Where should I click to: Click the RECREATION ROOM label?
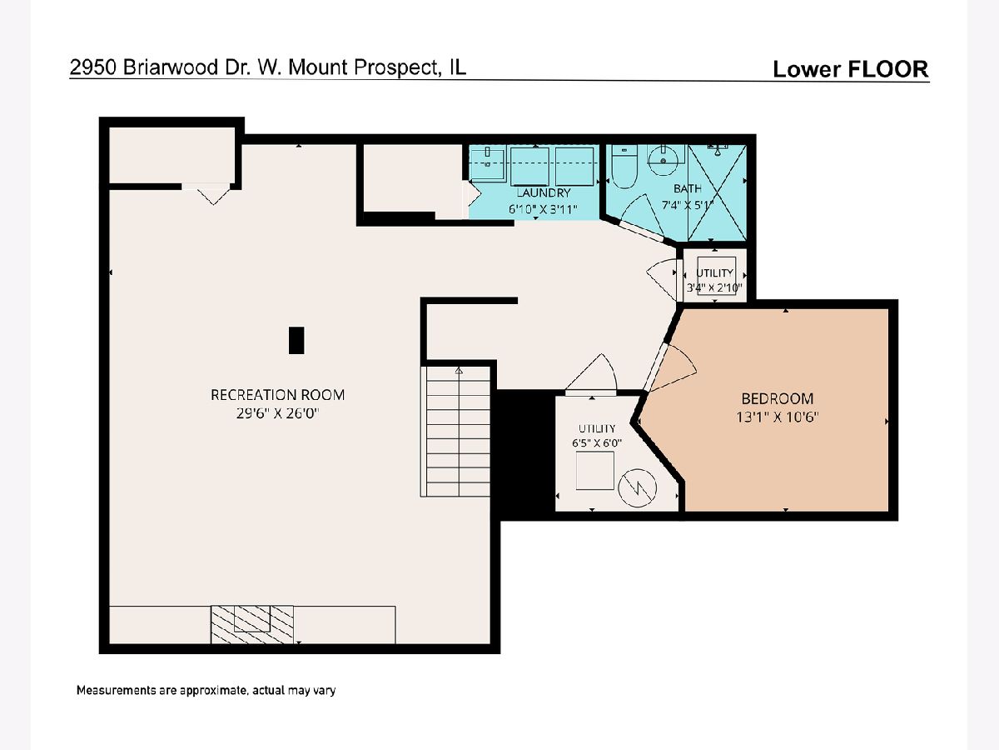pyautogui.click(x=277, y=395)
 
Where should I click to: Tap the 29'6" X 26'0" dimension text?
pyautogui.click(x=277, y=413)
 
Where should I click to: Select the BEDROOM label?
pyautogui.click(x=778, y=399)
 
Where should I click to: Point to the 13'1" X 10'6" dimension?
pyautogui.click(x=778, y=417)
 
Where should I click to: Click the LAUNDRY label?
pyautogui.click(x=543, y=192)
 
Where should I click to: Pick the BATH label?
pyautogui.click(x=688, y=188)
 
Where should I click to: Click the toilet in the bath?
pyautogui.click(x=624, y=167)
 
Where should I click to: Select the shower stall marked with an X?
pyautogui.click(x=717, y=192)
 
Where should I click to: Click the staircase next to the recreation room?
pyautogui.click(x=456, y=431)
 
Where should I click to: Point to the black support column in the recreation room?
pyautogui.click(x=296, y=340)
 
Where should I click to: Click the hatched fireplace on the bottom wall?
pyautogui.click(x=252, y=624)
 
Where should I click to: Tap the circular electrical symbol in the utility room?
pyautogui.click(x=637, y=487)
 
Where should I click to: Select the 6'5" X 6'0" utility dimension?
pyautogui.click(x=597, y=443)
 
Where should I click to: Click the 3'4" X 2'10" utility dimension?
pyautogui.click(x=714, y=287)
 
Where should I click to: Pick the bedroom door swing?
pyautogui.click(x=673, y=368)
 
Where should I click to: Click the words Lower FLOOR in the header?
pyautogui.click(x=851, y=69)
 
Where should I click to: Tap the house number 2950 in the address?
pyautogui.click(x=93, y=67)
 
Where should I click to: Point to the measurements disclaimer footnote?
pyautogui.click(x=206, y=690)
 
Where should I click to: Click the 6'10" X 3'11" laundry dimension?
pyautogui.click(x=543, y=209)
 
